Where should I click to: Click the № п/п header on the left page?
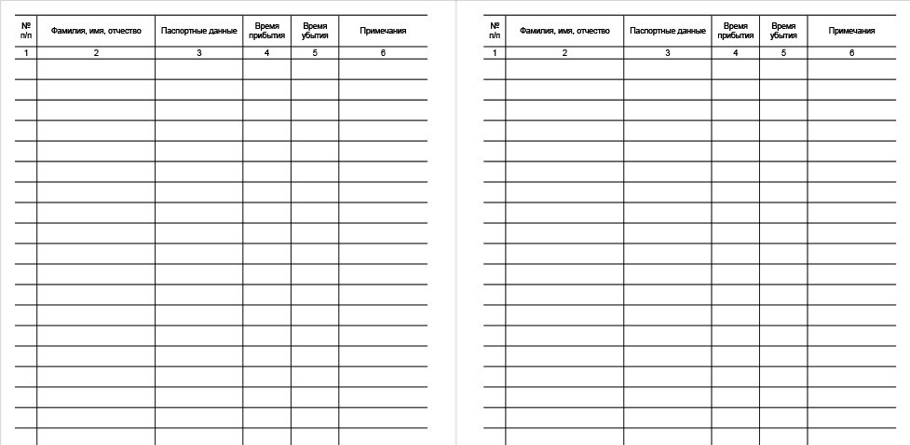click(x=26, y=31)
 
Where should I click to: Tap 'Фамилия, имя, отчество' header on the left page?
click(x=96, y=31)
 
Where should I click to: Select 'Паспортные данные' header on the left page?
click(x=199, y=31)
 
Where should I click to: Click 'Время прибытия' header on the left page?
click(x=266, y=31)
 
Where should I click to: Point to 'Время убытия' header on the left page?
click(x=315, y=31)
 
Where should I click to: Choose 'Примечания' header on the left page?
click(x=383, y=31)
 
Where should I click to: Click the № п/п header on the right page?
click(x=495, y=31)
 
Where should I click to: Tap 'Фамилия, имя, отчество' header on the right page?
click(x=564, y=31)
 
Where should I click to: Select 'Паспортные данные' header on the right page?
click(x=668, y=31)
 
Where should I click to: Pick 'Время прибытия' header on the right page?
click(x=735, y=31)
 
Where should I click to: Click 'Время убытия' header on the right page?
click(x=783, y=31)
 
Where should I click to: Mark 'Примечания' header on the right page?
click(x=851, y=31)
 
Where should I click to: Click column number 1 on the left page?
click(x=26, y=53)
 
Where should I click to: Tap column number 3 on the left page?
click(x=199, y=53)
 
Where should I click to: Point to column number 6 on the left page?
click(x=383, y=53)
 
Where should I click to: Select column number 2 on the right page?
click(x=564, y=53)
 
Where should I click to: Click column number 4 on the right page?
click(x=735, y=53)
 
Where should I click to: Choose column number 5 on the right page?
click(x=783, y=53)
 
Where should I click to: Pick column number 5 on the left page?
click(x=315, y=53)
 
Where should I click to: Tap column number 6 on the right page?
click(x=851, y=53)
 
